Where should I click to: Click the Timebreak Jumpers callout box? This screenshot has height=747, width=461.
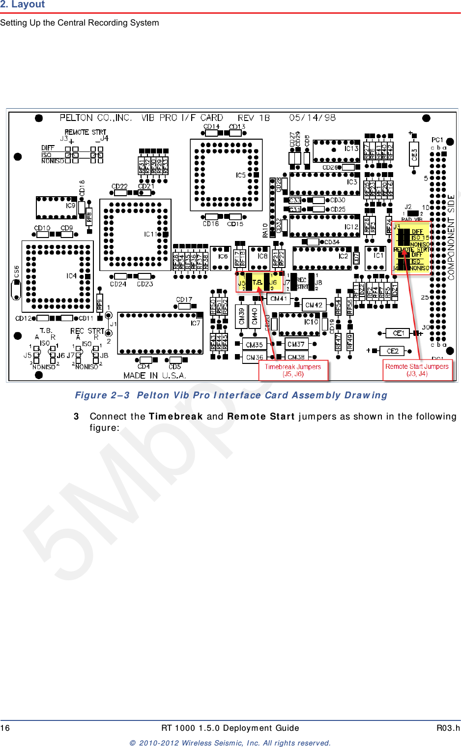[x=293, y=370]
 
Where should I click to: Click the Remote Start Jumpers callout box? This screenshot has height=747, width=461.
[x=417, y=370]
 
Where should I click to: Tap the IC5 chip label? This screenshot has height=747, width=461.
[x=241, y=175]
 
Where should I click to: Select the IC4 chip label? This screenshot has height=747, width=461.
[x=72, y=276]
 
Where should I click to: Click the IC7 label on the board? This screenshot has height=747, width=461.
[x=195, y=323]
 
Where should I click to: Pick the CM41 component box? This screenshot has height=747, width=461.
[x=279, y=299]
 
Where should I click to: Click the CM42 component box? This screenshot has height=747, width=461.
[x=314, y=305]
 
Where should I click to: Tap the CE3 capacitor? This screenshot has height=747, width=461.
[x=414, y=155]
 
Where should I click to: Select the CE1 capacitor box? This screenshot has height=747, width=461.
[x=399, y=333]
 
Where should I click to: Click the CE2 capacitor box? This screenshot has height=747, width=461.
[x=392, y=351]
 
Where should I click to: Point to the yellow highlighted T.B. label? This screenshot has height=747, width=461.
[x=257, y=282]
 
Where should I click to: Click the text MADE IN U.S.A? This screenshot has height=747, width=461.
[x=154, y=375]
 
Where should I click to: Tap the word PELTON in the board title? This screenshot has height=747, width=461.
[x=76, y=118]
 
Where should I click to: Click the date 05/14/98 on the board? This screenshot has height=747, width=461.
[x=312, y=118]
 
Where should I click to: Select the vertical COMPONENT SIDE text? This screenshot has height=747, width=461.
[x=451, y=237]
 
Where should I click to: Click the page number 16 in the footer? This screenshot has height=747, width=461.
[x=5, y=728]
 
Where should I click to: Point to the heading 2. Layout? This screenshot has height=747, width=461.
[x=23, y=4]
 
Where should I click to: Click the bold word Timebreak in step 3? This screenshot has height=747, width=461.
[x=175, y=417]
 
